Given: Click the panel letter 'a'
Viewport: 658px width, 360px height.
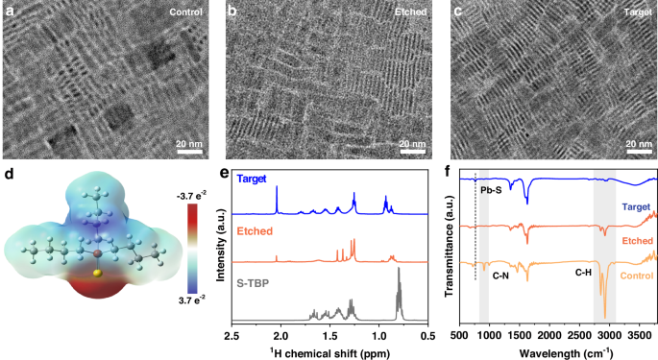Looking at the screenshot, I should click(10, 12).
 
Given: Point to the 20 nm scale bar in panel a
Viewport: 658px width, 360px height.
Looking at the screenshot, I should click(189, 151).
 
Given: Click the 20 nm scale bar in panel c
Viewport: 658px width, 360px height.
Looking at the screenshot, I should click(637, 151).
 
